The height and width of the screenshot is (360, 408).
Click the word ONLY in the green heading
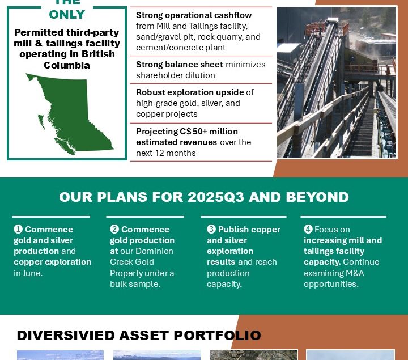[67, 15]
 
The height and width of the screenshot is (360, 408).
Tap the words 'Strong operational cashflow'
[194, 15]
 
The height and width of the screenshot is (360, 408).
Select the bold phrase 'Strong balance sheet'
[180, 64]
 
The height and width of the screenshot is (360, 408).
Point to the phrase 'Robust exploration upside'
[190, 92]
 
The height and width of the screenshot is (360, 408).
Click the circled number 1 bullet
[18, 230]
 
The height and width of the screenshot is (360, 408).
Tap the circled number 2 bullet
[114, 230]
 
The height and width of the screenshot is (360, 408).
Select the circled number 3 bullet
[211, 230]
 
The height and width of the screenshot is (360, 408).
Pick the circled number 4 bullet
[308, 230]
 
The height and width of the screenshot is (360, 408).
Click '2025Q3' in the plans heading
[216, 197]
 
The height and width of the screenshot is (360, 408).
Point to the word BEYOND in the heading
[317, 197]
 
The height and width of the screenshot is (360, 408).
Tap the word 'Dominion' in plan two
[156, 251]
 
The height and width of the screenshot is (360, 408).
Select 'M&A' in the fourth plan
[355, 273]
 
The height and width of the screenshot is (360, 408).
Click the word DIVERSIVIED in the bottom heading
[66, 335]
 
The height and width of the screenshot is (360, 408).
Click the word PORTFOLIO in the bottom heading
[217, 335]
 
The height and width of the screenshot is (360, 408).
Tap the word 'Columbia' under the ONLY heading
[67, 65]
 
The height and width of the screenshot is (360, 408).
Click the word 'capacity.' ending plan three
[224, 284]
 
